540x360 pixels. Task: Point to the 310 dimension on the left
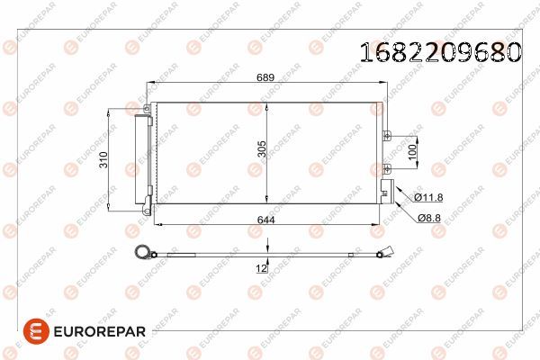coord(104,160)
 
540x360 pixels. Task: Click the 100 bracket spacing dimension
coord(413,151)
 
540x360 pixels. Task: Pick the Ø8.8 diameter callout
coord(429,217)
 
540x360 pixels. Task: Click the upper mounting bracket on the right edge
coord(387,137)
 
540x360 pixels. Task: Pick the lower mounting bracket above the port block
coord(387,167)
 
